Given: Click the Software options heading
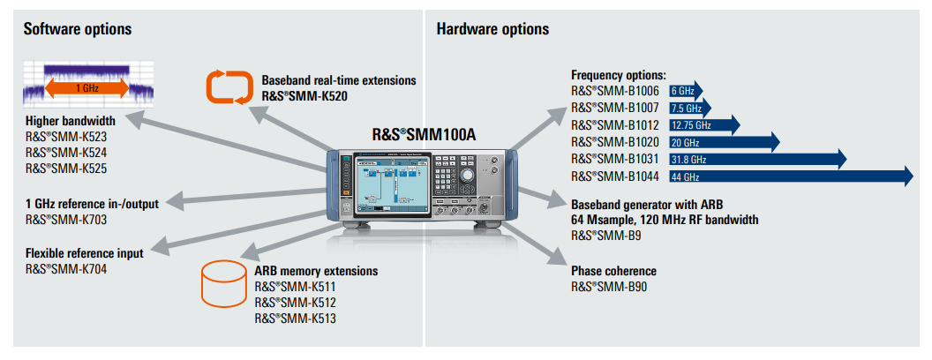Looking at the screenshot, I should click(x=77, y=29).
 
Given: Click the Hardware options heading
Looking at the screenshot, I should click(x=492, y=29).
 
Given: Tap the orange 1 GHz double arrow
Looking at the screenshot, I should click(x=86, y=87).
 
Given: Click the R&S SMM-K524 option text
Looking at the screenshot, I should click(x=66, y=153).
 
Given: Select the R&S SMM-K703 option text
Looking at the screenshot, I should click(x=66, y=220).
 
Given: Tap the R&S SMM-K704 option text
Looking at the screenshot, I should click(x=66, y=268).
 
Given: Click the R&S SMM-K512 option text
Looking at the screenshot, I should click(x=295, y=303).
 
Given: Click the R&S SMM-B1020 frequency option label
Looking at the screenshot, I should click(x=614, y=142).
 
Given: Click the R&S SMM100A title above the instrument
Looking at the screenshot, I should click(x=423, y=135).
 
